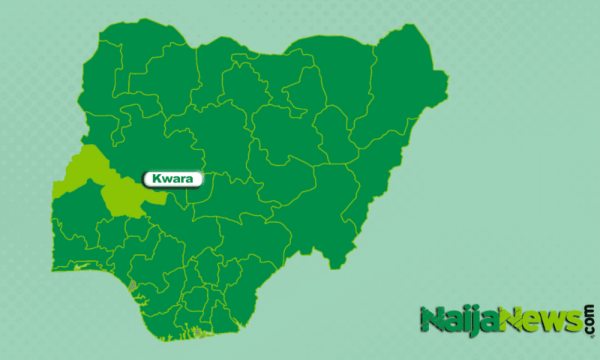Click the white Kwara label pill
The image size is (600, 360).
pos(172,179)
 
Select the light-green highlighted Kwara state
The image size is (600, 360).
pos(112,187)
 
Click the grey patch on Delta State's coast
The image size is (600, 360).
pos(133,286)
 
